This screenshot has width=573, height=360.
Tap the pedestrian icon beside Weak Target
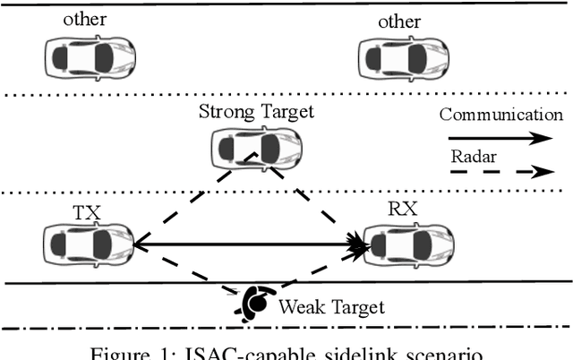[x=253, y=304]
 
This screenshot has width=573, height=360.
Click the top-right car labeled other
[x=402, y=56]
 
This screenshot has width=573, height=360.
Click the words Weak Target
[x=331, y=308]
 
